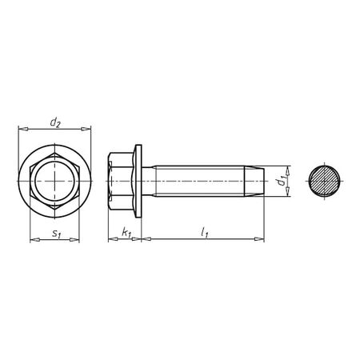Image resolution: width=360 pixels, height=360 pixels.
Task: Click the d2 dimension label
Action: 54,122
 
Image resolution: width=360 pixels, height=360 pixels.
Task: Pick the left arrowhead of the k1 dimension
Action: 110,238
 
